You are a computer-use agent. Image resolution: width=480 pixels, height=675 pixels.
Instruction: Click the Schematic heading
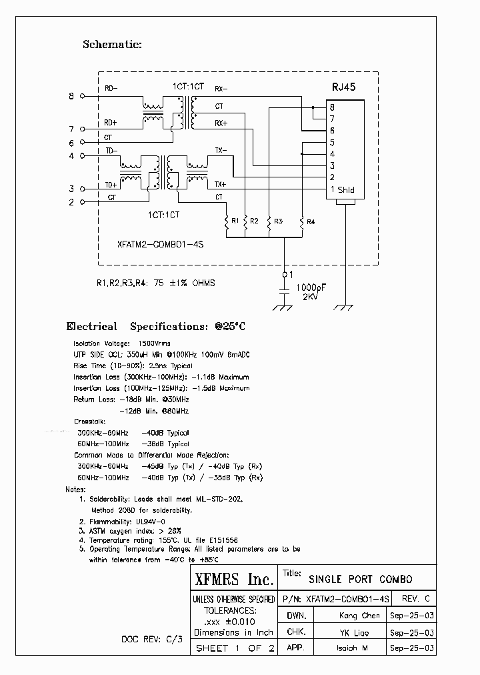tap(112, 45)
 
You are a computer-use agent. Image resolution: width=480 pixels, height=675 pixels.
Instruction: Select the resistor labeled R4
tap(302, 221)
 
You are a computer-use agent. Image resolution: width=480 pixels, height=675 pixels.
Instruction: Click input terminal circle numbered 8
tap(82, 96)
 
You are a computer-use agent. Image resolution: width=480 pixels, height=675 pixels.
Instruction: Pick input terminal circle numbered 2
tap(82, 201)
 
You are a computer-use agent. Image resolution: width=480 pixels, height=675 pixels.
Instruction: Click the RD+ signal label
tap(111, 123)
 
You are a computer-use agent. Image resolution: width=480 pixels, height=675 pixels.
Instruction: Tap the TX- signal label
tap(221, 150)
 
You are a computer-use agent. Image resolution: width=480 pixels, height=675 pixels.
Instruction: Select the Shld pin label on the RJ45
tap(346, 190)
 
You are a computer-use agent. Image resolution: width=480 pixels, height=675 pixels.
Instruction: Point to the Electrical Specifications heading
tap(156, 327)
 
